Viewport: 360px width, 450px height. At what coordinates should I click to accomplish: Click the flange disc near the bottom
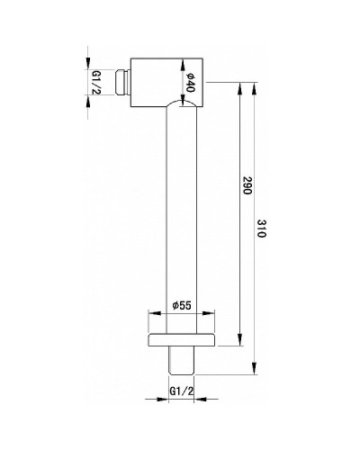click(x=181, y=341)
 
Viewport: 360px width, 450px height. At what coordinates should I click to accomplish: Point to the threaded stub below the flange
click(x=180, y=360)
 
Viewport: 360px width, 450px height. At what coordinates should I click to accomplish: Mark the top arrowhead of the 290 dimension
click(x=239, y=86)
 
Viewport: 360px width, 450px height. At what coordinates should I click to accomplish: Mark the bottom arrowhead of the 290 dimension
click(x=239, y=343)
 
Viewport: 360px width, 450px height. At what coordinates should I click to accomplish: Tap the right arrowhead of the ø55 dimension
click(x=212, y=313)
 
